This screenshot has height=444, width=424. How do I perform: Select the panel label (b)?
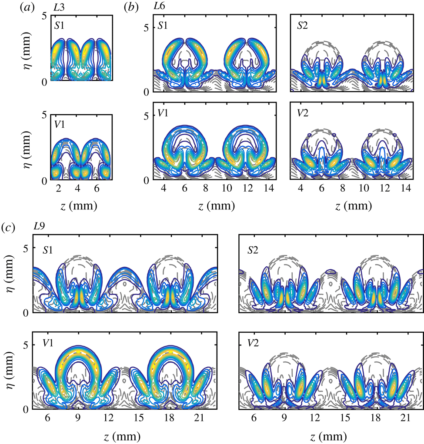(132, 7)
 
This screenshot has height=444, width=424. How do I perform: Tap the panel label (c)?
(10, 227)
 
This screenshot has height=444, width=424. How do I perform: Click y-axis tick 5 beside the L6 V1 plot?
(147, 115)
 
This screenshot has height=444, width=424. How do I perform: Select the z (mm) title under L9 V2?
(331, 434)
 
